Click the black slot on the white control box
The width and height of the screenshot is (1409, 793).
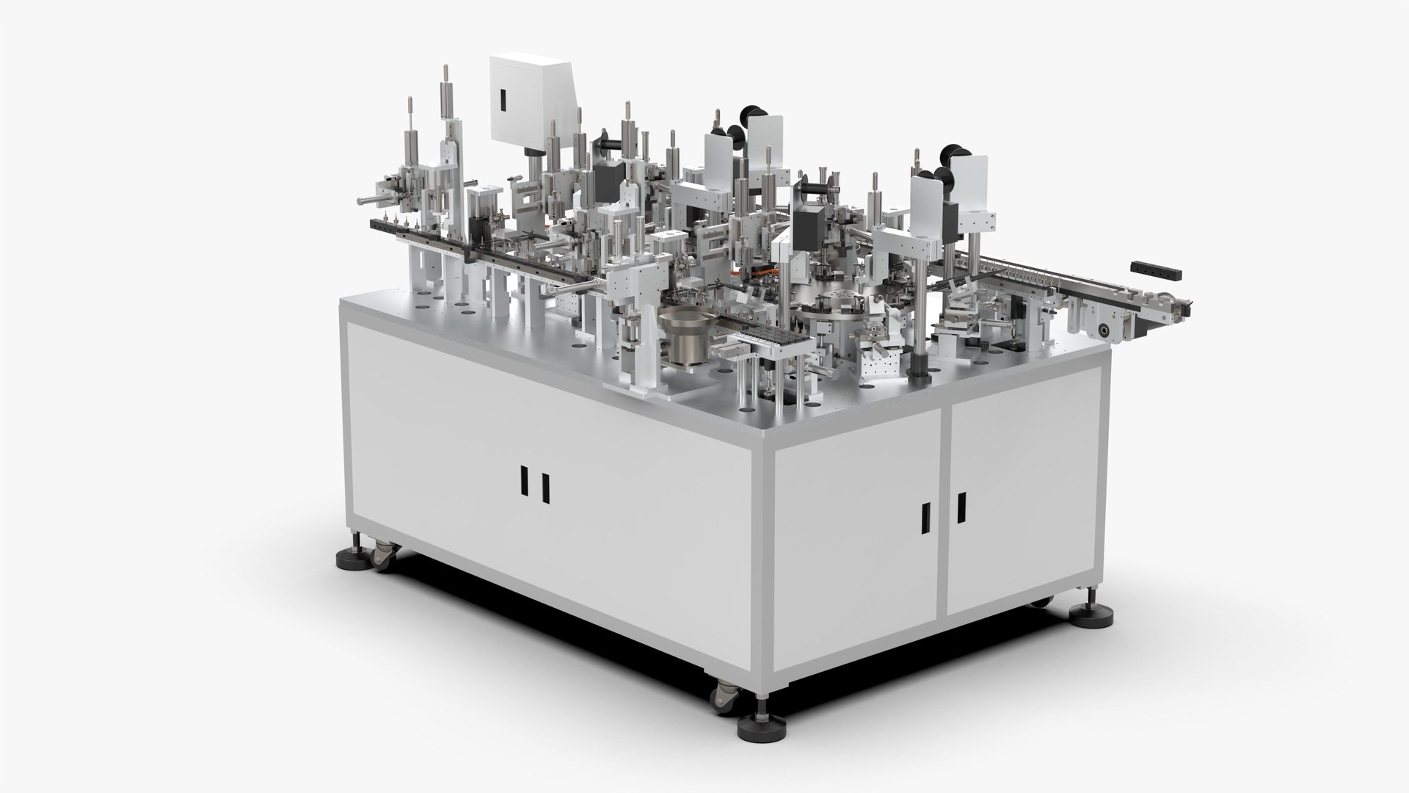click(504, 101)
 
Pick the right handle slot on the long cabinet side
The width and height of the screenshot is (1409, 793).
click(545, 487)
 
